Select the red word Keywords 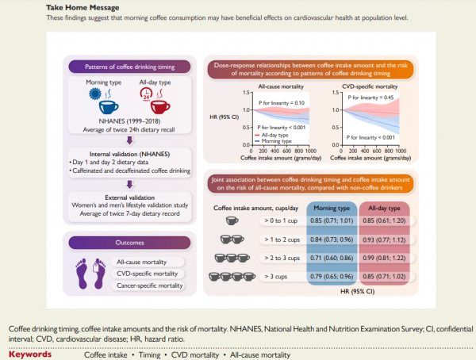[31, 354]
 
